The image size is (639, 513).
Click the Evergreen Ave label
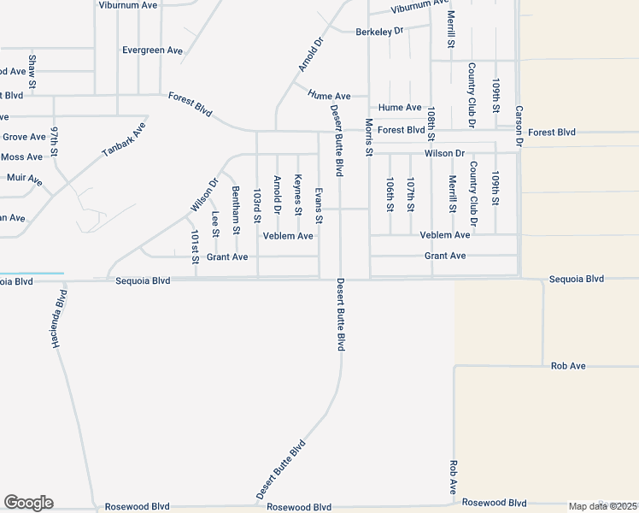coord(152,50)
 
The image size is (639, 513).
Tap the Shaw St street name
coord(32,73)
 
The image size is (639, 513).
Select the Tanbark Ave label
coord(125,139)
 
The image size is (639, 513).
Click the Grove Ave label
coord(24,137)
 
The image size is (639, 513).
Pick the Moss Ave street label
coord(22,157)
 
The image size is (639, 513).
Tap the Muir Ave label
coord(24,180)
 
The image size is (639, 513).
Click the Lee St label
coord(215,224)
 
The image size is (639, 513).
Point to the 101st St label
coord(195,246)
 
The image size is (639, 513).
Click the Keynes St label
coord(297,195)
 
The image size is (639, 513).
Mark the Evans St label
coord(319,206)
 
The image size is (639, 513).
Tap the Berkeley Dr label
coord(379,31)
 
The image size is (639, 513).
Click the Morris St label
coord(369,137)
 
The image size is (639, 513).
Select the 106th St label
coord(390,195)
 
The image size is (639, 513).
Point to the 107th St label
coord(410,195)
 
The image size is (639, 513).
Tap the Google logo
coord(28,503)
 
